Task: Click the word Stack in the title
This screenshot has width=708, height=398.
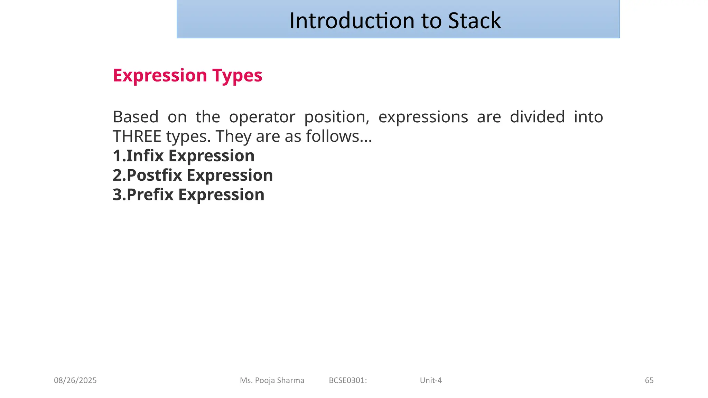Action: (x=474, y=21)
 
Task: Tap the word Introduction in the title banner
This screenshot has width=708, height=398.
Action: (x=352, y=21)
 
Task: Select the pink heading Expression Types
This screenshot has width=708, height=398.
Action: (x=187, y=75)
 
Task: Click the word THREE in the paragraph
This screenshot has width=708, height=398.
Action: (x=137, y=136)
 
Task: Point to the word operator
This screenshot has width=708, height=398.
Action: (x=262, y=117)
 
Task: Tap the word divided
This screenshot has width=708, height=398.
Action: (x=537, y=117)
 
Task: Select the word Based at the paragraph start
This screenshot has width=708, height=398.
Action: (x=136, y=117)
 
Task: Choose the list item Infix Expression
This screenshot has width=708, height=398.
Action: (x=184, y=156)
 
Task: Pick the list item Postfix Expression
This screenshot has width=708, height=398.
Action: (x=193, y=175)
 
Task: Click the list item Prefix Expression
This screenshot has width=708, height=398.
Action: (x=188, y=195)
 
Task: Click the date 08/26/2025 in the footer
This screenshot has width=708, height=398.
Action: (x=75, y=380)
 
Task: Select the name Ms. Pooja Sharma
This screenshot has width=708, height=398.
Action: (x=272, y=380)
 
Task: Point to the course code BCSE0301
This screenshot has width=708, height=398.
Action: (x=347, y=380)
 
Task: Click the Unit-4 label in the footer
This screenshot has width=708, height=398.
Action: (x=431, y=380)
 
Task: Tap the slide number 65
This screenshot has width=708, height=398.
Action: (x=649, y=380)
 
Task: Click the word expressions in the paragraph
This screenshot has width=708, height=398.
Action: (x=423, y=117)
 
